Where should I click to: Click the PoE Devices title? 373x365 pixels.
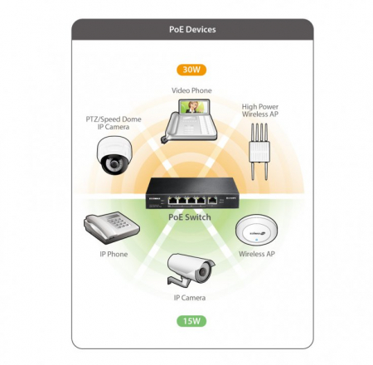click(192, 29)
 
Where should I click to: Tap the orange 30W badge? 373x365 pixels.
click(191, 70)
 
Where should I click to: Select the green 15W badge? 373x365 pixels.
click(191, 321)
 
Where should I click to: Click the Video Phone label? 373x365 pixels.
click(191, 90)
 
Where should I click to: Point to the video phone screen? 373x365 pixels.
click(192, 107)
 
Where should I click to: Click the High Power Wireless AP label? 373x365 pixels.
click(260, 110)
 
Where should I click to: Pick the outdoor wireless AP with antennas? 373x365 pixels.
click(259, 152)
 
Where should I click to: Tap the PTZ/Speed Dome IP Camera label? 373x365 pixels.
click(114, 123)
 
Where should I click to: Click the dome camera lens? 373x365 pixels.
click(114, 163)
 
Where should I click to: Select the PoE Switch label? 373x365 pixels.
click(190, 217)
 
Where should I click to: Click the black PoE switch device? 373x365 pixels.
click(192, 192)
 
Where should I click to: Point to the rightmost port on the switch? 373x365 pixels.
click(212, 201)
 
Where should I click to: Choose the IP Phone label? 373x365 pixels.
click(114, 254)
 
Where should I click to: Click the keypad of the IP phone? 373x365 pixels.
click(119, 221)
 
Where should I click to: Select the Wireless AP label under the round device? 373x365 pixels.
click(257, 254)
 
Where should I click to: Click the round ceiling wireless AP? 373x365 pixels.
click(256, 230)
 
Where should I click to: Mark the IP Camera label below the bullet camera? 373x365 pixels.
click(190, 298)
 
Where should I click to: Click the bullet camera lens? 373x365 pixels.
click(204, 272)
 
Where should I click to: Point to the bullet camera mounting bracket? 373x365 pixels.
click(179, 280)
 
